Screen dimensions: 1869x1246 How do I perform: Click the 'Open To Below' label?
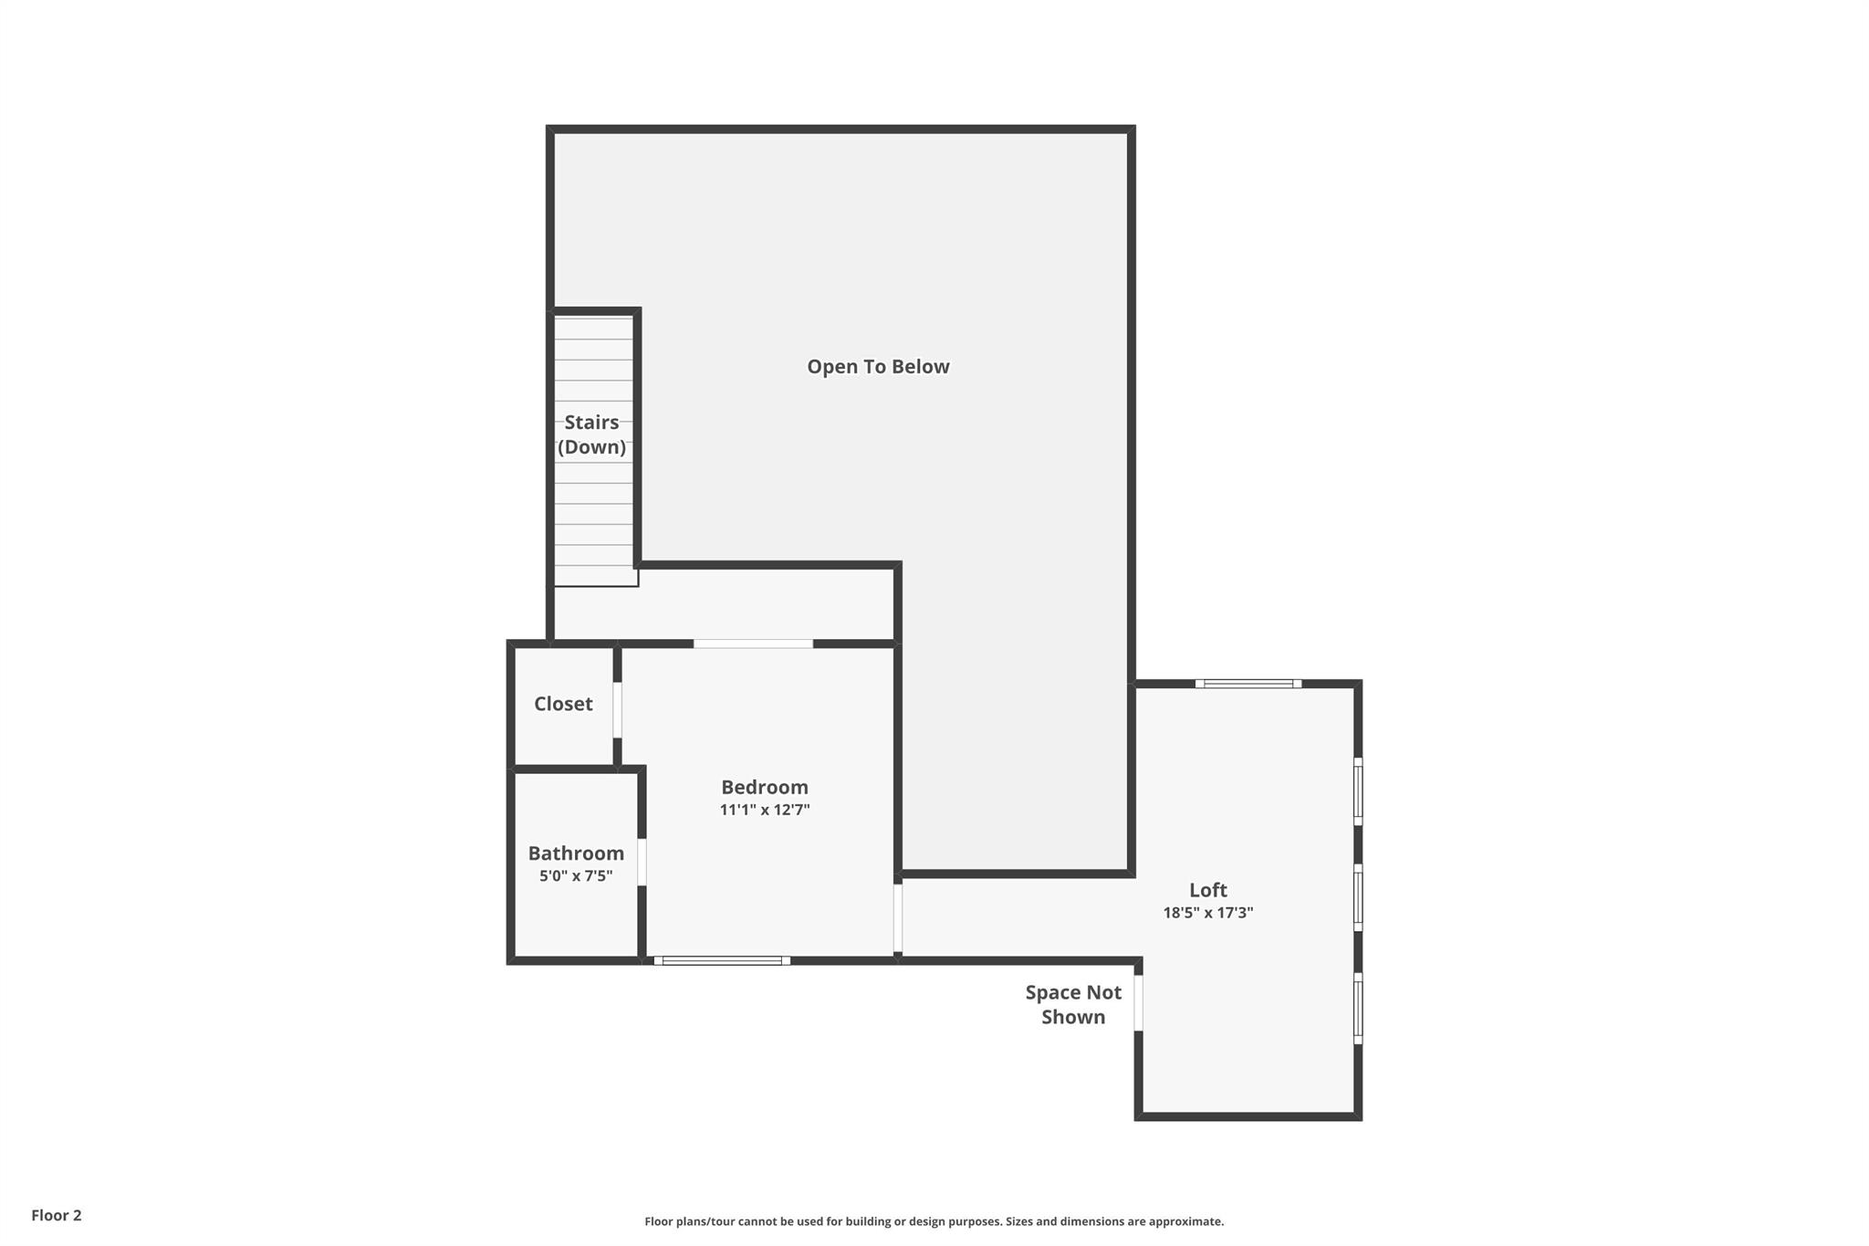pyautogui.click(x=878, y=367)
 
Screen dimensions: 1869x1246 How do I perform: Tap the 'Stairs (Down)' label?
pyautogui.click(x=592, y=435)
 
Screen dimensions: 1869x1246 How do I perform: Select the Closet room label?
pyautogui.click(x=563, y=704)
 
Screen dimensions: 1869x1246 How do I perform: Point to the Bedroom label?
pyautogui.click(x=765, y=787)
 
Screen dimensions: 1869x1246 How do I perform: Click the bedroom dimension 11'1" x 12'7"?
pyautogui.click(x=765, y=810)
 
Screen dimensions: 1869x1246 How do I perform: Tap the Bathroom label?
pyautogui.click(x=576, y=853)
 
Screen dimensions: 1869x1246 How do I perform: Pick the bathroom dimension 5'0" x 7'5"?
pyautogui.click(x=576, y=876)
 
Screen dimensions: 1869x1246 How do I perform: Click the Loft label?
pyautogui.click(x=1208, y=890)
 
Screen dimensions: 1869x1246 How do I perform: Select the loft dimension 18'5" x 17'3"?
pyautogui.click(x=1208, y=913)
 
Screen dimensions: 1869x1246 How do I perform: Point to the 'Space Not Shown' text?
pyautogui.click(x=1073, y=1005)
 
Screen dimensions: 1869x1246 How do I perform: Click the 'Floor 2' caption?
pyautogui.click(x=57, y=1216)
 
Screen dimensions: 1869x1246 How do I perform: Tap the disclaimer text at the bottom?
pyautogui.click(x=934, y=1221)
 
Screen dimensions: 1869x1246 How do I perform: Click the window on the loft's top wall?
pyautogui.click(x=1248, y=684)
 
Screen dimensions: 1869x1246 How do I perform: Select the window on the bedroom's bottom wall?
pyautogui.click(x=722, y=960)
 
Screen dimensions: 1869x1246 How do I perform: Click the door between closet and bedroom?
pyautogui.click(x=617, y=710)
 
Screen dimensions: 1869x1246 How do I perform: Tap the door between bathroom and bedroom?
pyautogui.click(x=642, y=862)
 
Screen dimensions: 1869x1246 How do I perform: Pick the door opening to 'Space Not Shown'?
pyautogui.click(x=1138, y=1003)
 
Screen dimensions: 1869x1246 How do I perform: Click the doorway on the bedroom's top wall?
pyautogui.click(x=753, y=644)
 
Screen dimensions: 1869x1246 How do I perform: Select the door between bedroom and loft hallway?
pyautogui.click(x=898, y=918)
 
